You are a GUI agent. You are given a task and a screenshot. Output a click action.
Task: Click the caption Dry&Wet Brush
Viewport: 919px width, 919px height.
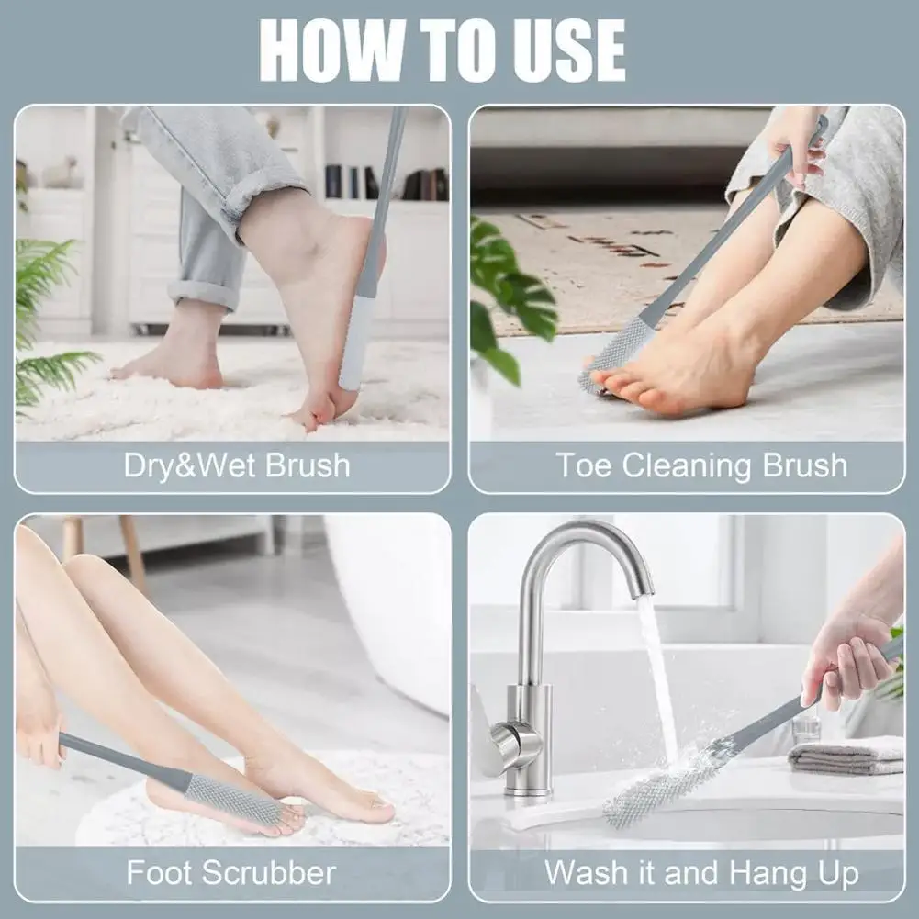pos(237,465)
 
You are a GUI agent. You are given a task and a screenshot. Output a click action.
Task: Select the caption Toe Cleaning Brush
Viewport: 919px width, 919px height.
pos(701,465)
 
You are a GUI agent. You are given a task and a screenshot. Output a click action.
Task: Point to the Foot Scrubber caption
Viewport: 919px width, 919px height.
pos(230,871)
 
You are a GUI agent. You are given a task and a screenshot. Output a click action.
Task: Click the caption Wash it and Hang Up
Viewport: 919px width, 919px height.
pos(701,871)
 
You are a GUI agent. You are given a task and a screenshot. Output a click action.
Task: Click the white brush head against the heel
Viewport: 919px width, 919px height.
pos(356,340)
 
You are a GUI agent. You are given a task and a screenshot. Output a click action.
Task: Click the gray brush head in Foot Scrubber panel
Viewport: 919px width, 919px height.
pos(233,798)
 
